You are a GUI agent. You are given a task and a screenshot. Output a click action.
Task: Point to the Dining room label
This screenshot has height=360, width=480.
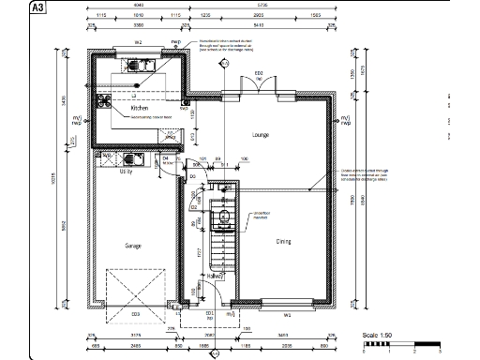pos(283,241)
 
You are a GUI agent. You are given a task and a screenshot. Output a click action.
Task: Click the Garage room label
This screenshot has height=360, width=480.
pos(133,245)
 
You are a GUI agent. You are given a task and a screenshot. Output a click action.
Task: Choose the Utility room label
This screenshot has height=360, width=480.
pos(126,172)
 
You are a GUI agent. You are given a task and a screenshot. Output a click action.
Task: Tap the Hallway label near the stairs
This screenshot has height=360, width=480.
pos(216,276)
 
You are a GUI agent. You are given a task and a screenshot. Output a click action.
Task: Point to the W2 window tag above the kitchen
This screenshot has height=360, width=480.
pos(137,43)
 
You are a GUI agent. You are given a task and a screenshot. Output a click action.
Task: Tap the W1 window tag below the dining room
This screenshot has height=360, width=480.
pos(288,314)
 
